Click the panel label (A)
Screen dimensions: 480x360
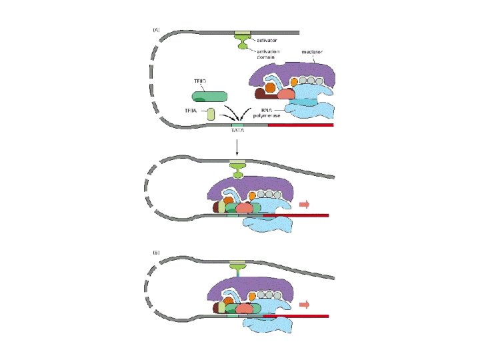pyautogui.click(x=156, y=29)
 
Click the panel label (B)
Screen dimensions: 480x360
pyautogui.click(x=156, y=253)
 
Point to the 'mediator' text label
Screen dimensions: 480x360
pyautogui.click(x=312, y=52)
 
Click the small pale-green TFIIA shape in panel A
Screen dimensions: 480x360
pyautogui.click(x=211, y=114)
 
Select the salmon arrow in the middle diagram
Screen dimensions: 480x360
pyautogui.click(x=305, y=205)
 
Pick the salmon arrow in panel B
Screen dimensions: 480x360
pyautogui.click(x=305, y=305)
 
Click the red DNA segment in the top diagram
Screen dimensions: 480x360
pyautogui.click(x=300, y=125)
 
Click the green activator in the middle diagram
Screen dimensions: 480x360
pyautogui.click(x=237, y=170)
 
